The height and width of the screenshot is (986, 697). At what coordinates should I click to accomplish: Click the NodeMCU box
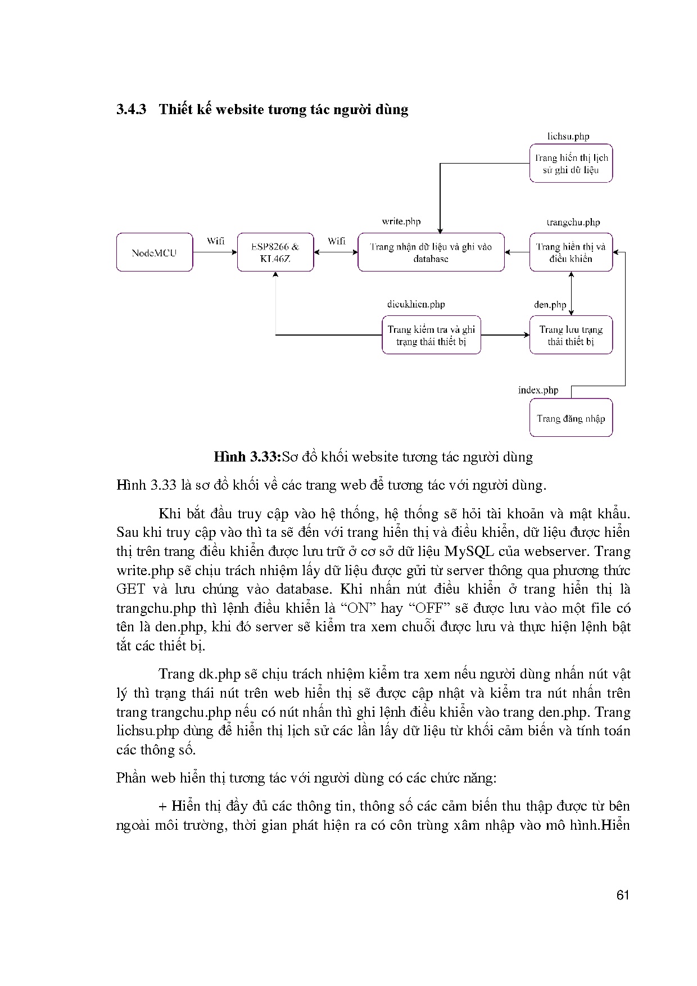(155, 252)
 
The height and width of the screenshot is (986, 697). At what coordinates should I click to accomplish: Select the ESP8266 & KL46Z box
(275, 252)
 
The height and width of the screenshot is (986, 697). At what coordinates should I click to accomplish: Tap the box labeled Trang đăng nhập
(571, 418)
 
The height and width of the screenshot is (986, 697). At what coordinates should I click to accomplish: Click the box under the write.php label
(431, 252)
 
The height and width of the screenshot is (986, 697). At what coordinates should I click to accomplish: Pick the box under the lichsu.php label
(571, 164)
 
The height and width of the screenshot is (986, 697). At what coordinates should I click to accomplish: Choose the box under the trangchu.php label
(571, 252)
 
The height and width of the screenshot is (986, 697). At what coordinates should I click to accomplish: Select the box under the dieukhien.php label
(431, 335)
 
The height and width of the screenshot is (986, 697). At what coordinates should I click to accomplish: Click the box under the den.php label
(571, 335)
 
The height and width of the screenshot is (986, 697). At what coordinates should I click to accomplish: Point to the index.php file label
(538, 390)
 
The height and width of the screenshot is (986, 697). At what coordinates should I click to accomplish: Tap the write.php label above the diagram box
(401, 221)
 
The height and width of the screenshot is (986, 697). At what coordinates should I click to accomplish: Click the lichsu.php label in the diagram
(568, 136)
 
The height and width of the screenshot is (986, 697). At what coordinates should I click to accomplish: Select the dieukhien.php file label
(416, 304)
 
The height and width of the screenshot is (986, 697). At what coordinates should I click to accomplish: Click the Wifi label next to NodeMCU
(215, 241)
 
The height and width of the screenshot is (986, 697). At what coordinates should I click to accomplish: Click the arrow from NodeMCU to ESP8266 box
(215, 252)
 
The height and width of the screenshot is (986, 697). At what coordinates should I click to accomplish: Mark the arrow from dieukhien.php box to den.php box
(505, 335)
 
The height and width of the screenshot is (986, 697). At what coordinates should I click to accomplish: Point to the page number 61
(622, 895)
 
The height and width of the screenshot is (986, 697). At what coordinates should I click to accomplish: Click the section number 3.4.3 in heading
(131, 109)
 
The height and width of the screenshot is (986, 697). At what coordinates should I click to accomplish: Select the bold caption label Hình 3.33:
(247, 456)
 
